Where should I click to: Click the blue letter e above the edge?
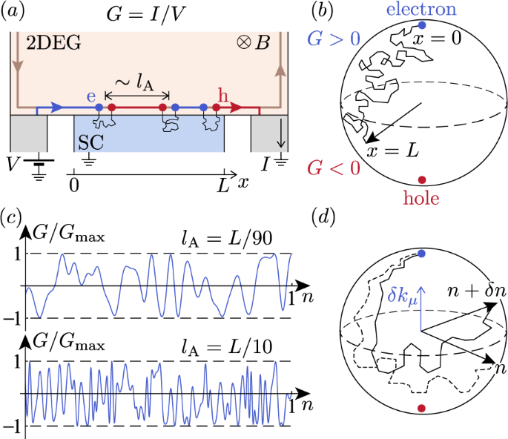[92, 95]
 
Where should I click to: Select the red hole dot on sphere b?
[421, 180]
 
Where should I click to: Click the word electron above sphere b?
[421, 10]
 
